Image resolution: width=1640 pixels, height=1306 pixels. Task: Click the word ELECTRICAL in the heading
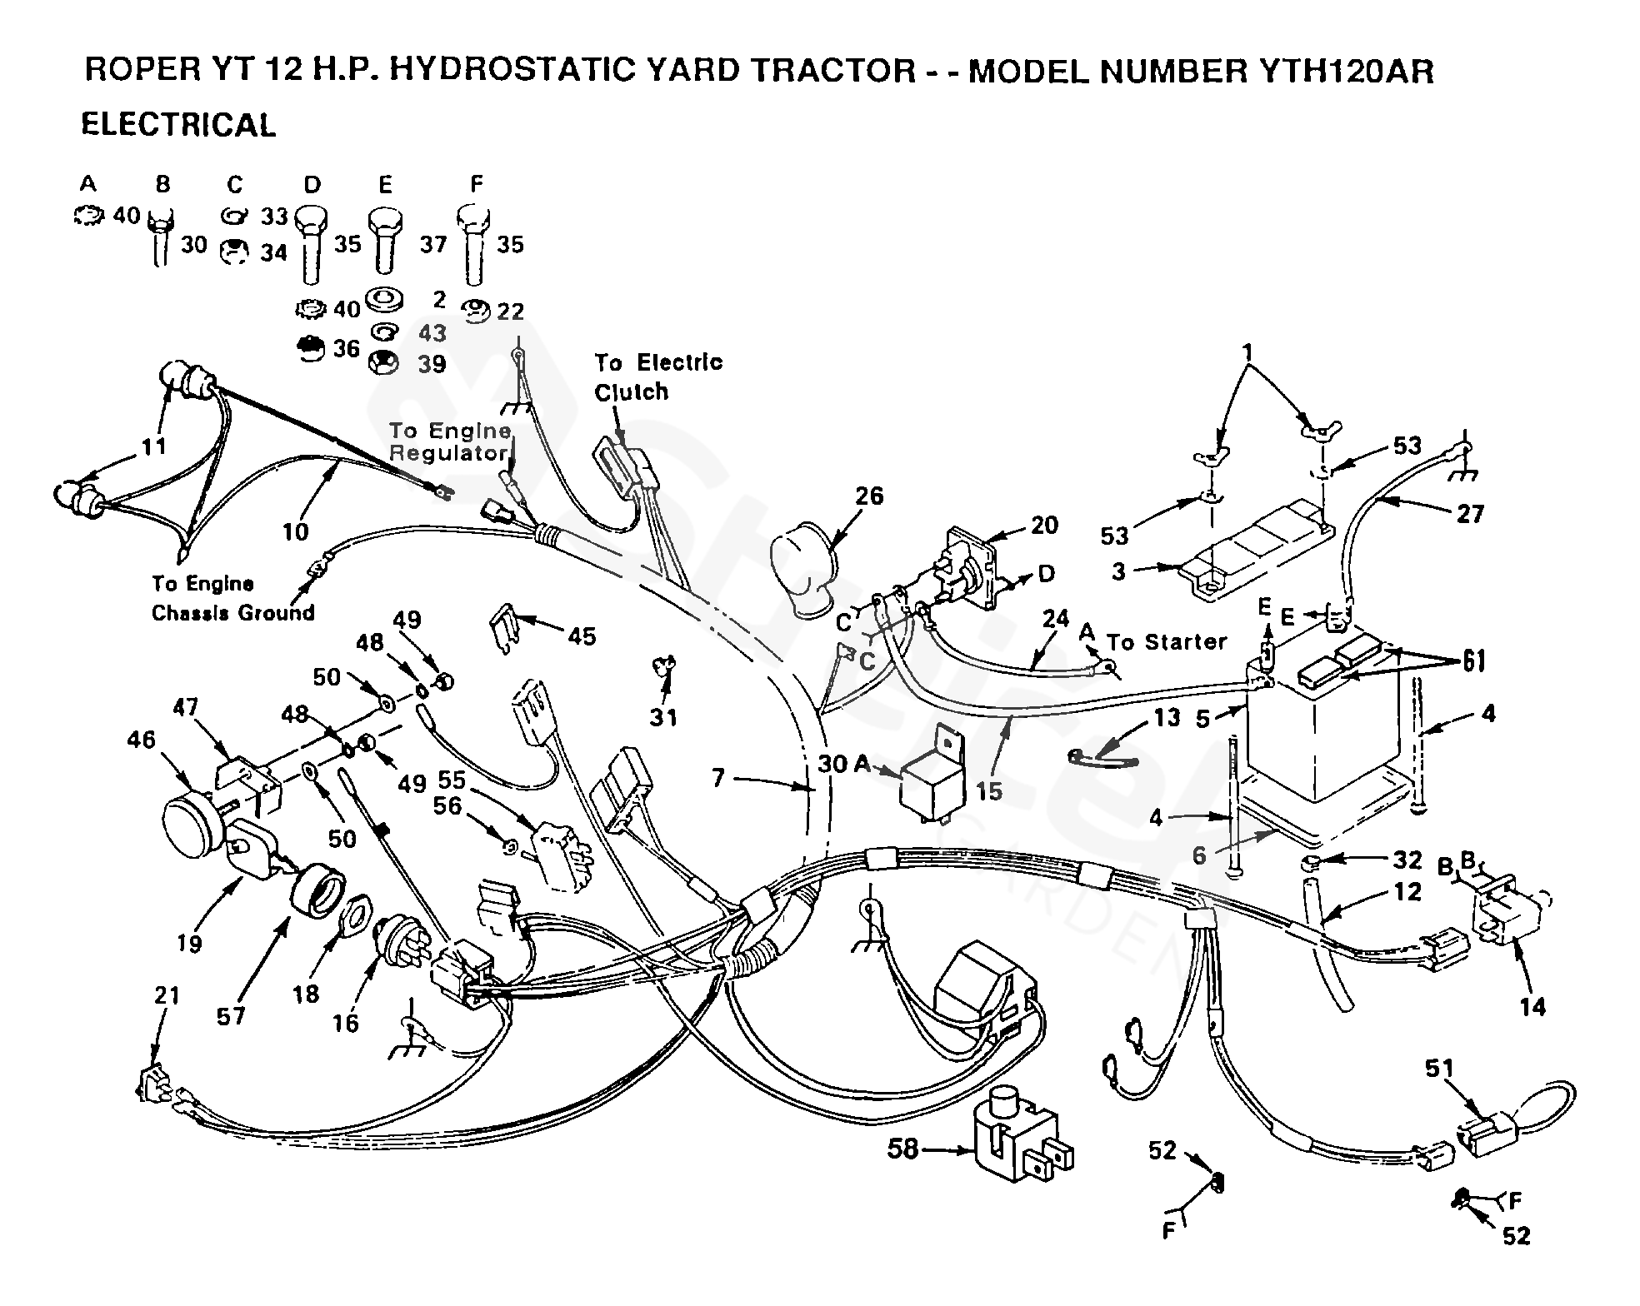pyautogui.click(x=178, y=125)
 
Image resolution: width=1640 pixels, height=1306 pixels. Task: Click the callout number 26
pyautogui.click(x=869, y=496)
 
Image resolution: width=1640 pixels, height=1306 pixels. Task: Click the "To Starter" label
pyautogui.click(x=1167, y=641)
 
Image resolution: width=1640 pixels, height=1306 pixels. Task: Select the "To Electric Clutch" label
pyautogui.click(x=658, y=377)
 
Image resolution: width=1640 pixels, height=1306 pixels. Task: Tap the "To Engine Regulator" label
pyautogui.click(x=450, y=441)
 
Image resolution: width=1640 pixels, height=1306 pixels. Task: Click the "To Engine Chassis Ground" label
pyautogui.click(x=233, y=598)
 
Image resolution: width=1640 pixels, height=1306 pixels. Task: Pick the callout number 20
pyautogui.click(x=1044, y=525)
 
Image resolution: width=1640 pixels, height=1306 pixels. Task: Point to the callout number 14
pyautogui.click(x=1532, y=1007)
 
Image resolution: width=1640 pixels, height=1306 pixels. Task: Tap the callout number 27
pyautogui.click(x=1470, y=513)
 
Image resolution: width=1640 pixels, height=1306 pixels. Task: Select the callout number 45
pyautogui.click(x=582, y=636)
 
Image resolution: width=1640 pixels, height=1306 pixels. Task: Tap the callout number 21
pyautogui.click(x=167, y=994)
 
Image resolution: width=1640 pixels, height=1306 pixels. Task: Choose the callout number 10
pyautogui.click(x=296, y=531)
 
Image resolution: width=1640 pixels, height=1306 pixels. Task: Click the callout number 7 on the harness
pyautogui.click(x=718, y=778)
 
